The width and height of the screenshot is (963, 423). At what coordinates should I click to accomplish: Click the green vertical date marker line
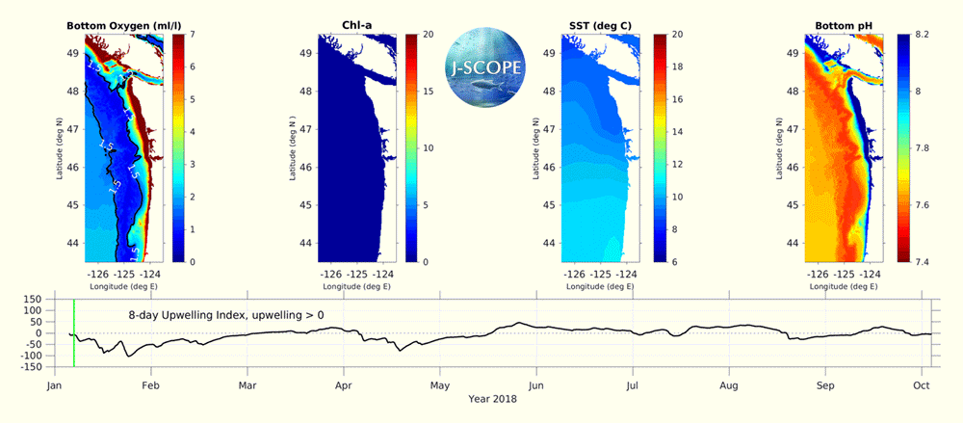coord(74,332)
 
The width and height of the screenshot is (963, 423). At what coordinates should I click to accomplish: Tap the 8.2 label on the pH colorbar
coord(923,35)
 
